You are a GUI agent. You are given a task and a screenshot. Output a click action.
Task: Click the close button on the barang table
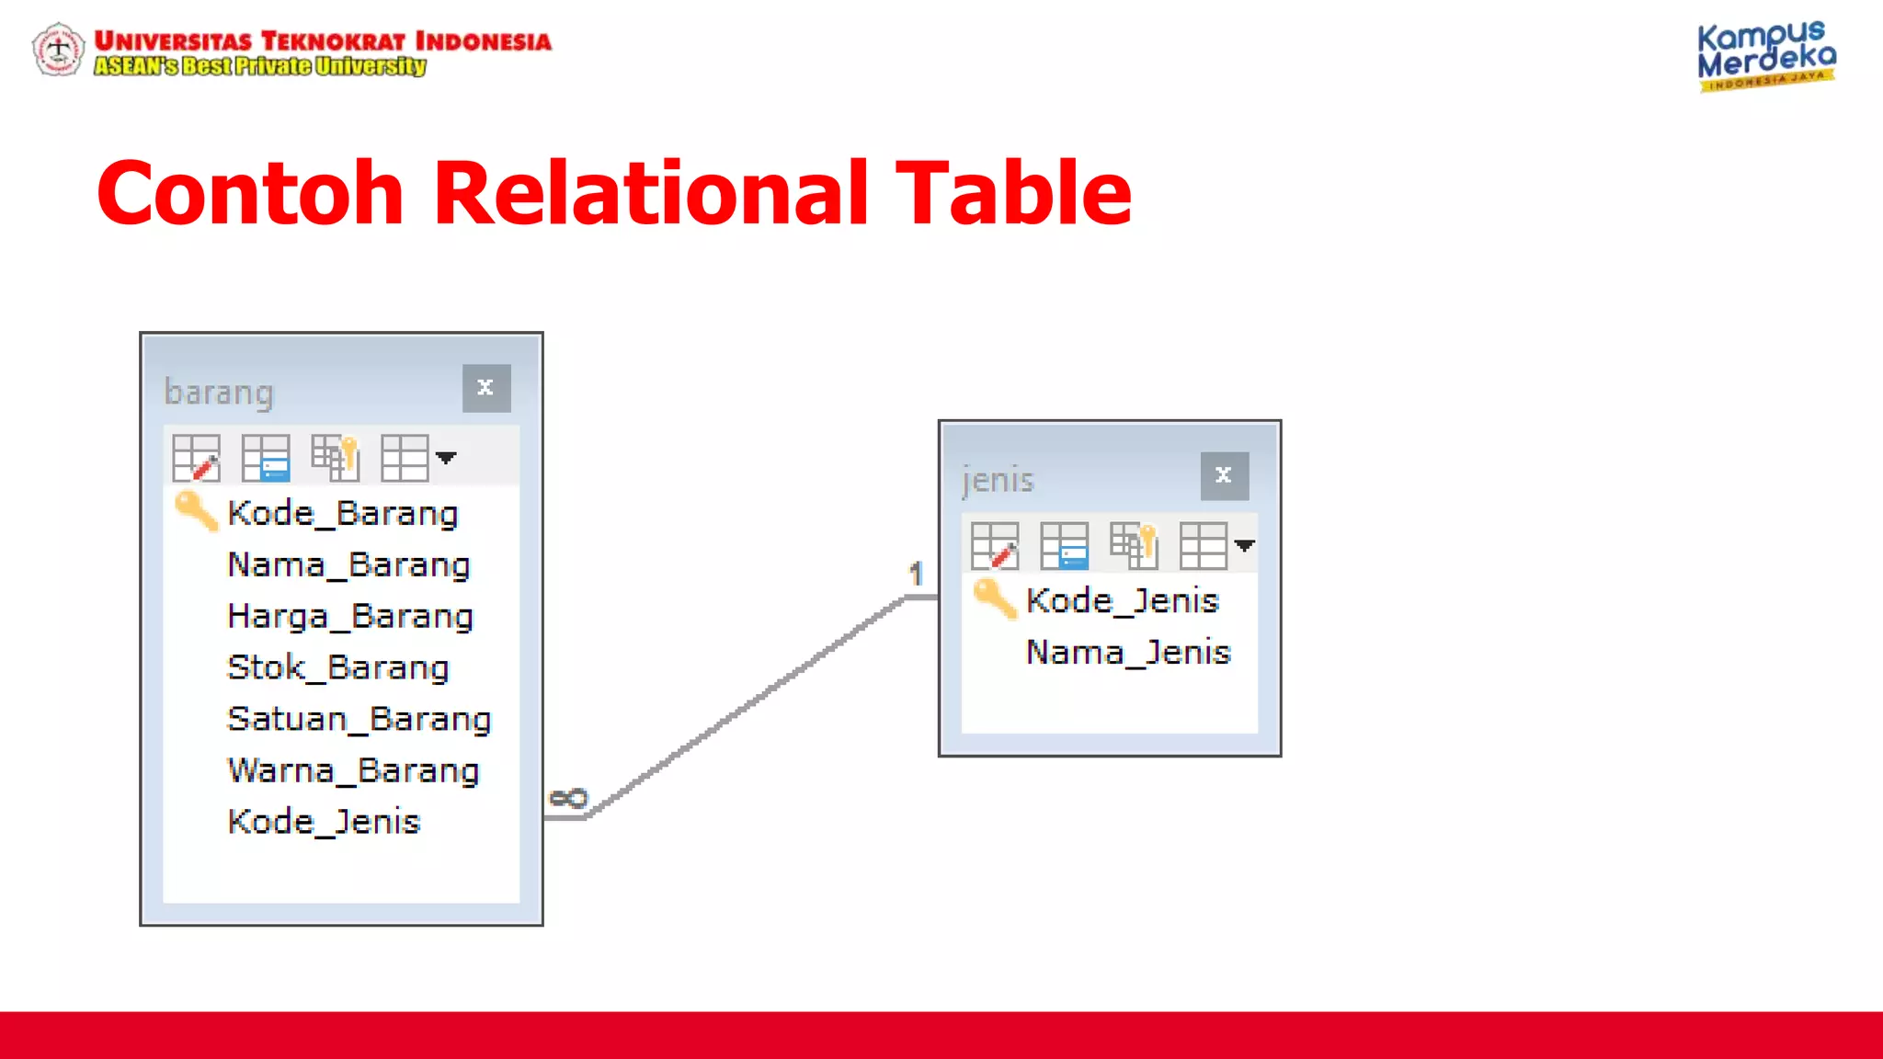(x=486, y=388)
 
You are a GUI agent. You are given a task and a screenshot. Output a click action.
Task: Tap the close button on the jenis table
(x=1224, y=476)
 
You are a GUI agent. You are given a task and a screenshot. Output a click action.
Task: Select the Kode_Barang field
(x=343, y=514)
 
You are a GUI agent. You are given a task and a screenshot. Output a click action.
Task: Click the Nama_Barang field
(x=348, y=565)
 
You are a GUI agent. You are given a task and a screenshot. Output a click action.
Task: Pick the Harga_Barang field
(x=350, y=617)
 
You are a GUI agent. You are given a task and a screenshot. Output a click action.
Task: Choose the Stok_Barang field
(x=338, y=668)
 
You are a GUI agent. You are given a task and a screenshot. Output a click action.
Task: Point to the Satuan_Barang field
(x=359, y=720)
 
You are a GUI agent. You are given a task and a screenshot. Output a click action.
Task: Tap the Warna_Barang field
(x=354, y=771)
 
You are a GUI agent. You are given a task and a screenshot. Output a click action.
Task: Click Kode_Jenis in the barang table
(x=324, y=822)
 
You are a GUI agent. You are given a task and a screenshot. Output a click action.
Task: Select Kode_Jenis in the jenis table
(x=1123, y=601)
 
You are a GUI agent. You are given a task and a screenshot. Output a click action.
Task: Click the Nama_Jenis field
(x=1128, y=653)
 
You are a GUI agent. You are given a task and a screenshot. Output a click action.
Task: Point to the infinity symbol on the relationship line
(x=568, y=798)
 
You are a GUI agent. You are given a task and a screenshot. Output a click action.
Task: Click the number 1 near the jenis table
(x=916, y=575)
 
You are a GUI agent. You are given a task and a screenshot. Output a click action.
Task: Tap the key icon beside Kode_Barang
(x=196, y=511)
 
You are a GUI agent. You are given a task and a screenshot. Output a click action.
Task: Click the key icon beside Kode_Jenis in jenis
(x=995, y=598)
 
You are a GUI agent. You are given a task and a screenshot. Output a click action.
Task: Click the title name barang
(x=219, y=393)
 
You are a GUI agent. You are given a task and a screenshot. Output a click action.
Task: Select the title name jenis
(x=998, y=480)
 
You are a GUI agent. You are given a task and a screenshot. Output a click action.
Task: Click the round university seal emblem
(x=59, y=50)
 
